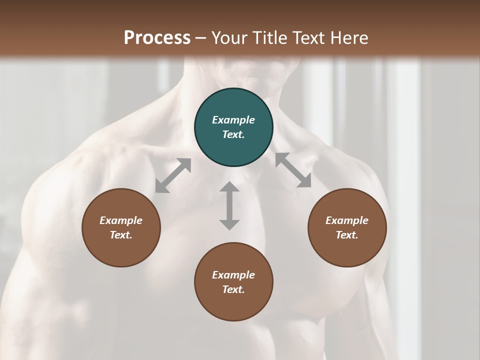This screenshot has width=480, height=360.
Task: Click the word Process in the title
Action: [157, 38]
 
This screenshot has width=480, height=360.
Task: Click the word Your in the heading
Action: [228, 38]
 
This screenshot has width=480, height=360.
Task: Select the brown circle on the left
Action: [121, 227]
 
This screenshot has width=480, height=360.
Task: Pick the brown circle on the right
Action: [347, 227]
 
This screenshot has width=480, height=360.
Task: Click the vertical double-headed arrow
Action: [229, 205]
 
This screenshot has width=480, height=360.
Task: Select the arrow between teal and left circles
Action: [173, 175]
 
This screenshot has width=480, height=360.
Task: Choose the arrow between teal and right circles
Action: [293, 170]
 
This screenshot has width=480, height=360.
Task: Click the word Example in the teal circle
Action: [233, 120]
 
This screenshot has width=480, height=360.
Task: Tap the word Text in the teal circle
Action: [233, 134]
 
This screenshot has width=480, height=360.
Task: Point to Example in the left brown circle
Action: [121, 220]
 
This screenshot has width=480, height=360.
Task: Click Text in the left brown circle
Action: [121, 235]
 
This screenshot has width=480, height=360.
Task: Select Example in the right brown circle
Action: [347, 220]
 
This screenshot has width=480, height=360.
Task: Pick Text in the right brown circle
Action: [347, 235]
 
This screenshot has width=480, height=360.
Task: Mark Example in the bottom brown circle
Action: [233, 275]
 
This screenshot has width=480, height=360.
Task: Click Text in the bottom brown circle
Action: [233, 289]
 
